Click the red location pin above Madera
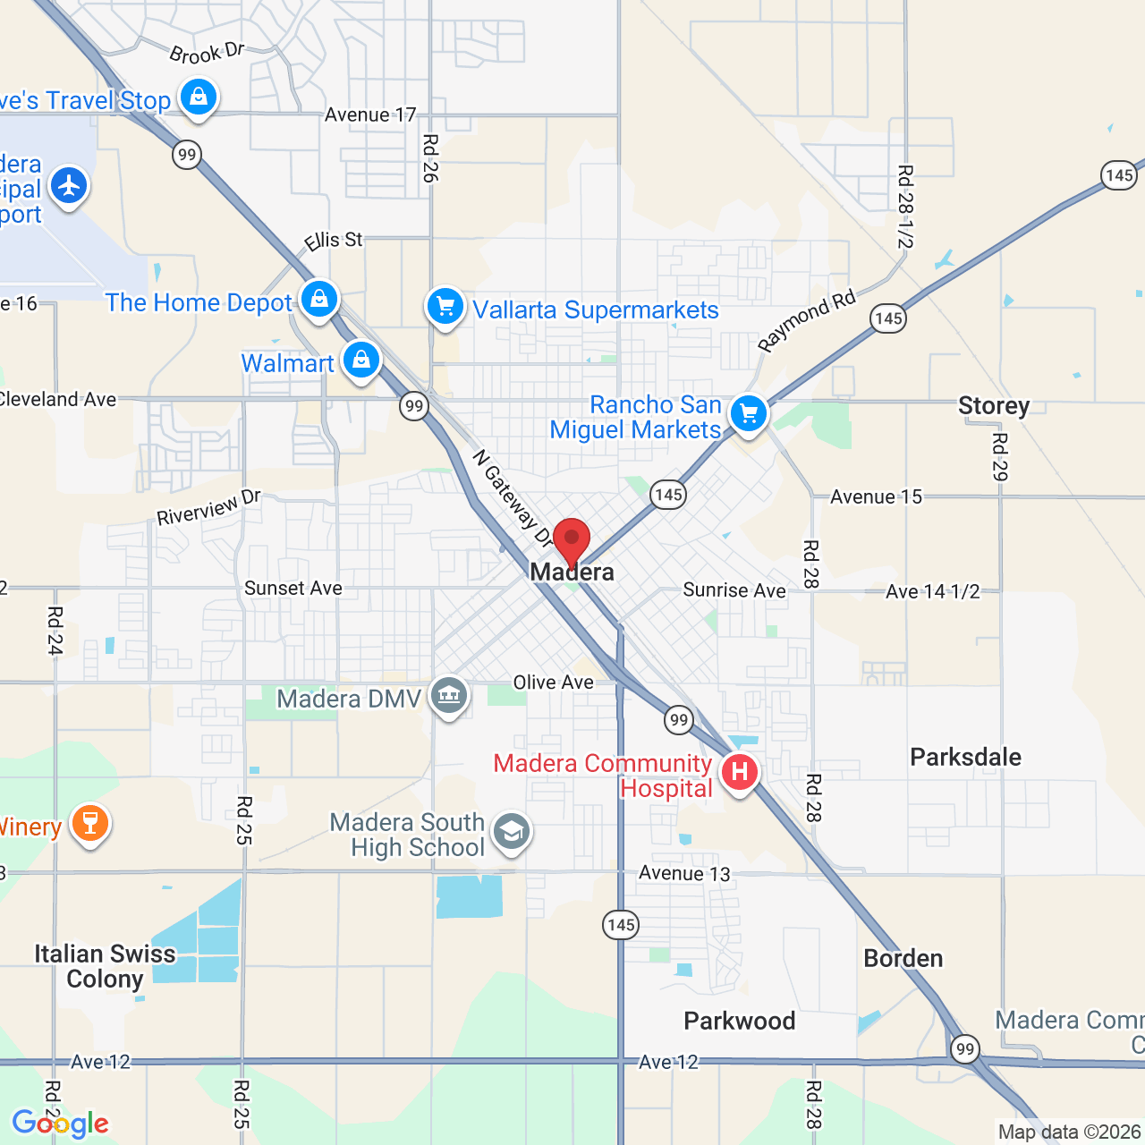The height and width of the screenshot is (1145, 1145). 572,540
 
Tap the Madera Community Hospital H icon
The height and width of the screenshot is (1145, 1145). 740,771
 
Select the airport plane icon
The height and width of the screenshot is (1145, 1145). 68,186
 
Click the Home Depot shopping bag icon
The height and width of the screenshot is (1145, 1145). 319,299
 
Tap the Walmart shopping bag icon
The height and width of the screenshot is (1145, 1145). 361,360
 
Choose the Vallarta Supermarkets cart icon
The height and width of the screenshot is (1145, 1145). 445,307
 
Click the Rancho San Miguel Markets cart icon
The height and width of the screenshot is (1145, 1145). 749,413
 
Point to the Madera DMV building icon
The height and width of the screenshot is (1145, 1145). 449,695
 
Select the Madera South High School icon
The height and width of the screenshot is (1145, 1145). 512,832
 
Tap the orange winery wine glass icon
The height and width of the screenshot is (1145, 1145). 89,822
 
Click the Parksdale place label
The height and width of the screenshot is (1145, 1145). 965,757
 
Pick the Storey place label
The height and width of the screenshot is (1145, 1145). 994,406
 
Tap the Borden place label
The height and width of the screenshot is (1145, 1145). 903,958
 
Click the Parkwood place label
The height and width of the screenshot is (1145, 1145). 740,1021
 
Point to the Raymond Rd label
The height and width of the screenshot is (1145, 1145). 806,321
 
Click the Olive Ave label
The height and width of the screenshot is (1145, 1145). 553,683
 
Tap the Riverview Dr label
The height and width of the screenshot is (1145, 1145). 208,508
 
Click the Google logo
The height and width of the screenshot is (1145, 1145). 60,1124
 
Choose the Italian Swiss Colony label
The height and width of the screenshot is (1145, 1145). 105,966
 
